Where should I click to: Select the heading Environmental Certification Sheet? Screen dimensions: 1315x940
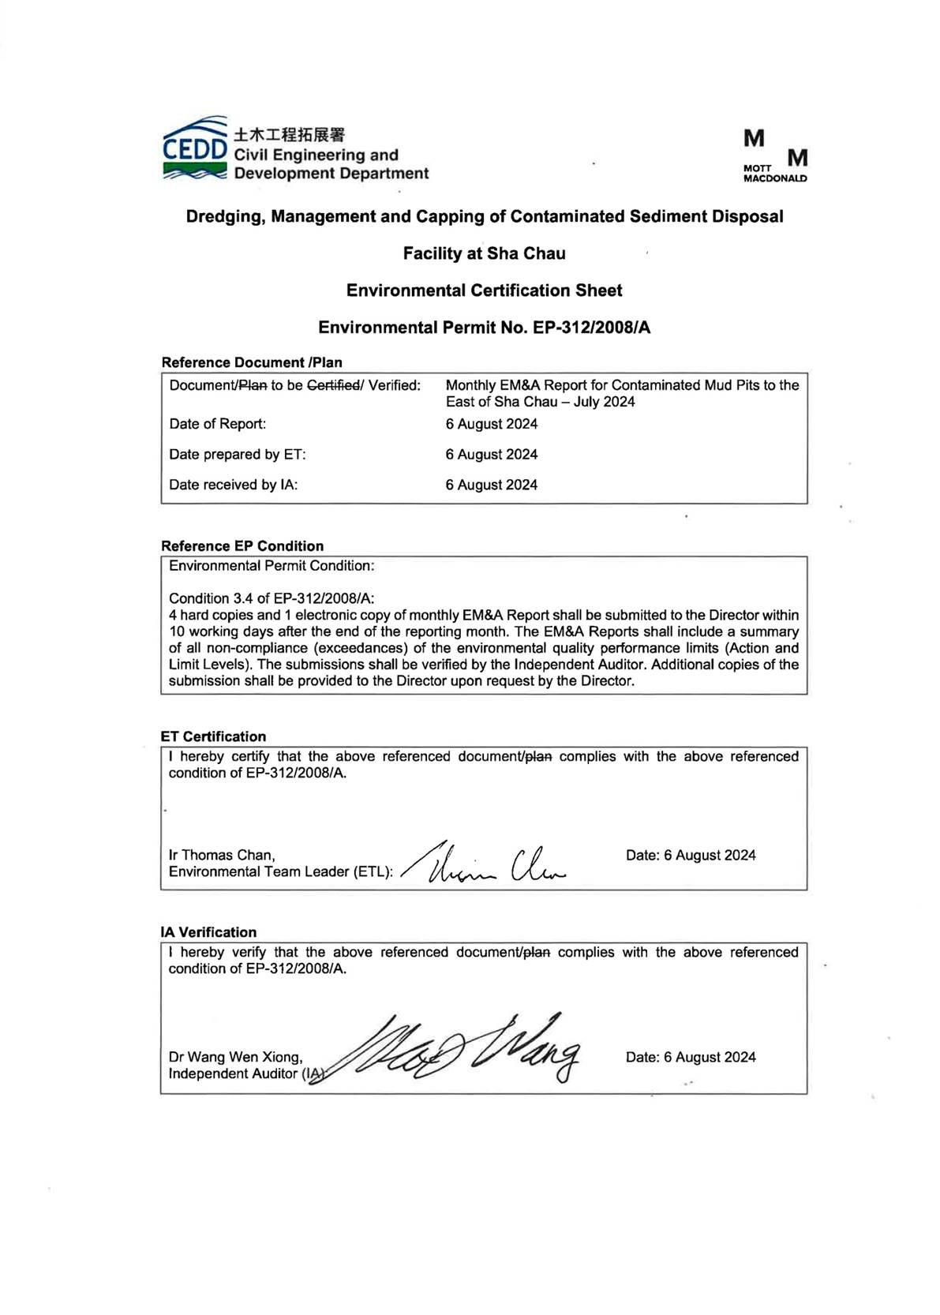coord(484,290)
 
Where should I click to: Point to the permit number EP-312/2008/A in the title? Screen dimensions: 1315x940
coord(591,328)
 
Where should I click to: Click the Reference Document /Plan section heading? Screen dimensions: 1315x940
coord(252,362)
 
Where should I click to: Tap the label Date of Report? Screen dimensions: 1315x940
coord(218,424)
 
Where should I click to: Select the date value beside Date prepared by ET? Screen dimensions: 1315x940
coord(491,455)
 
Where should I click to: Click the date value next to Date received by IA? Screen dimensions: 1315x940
coord(491,485)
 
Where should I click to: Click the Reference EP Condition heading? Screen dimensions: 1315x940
coord(242,546)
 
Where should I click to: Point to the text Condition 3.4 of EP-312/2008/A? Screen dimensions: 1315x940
coord(272,598)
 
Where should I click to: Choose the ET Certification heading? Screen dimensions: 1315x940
coord(213,736)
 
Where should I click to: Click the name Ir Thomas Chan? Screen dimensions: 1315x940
coord(221,855)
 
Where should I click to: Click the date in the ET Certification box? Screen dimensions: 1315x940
coord(691,855)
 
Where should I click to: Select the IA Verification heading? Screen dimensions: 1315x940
coord(208,932)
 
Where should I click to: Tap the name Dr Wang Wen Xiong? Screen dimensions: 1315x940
coord(235,1057)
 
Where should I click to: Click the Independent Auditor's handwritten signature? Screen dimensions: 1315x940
coord(466,1048)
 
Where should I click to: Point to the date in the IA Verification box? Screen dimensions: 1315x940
coord(691,1057)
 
